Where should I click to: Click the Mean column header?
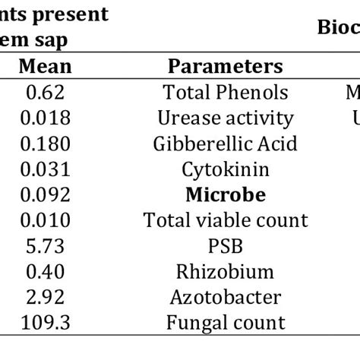pos(45,66)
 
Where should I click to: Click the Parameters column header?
pos(226,66)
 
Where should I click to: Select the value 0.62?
pos(45,92)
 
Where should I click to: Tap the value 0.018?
pos(45,118)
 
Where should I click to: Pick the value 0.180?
pos(45,144)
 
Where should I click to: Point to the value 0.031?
pos(45,169)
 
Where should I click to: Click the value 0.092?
pos(45,194)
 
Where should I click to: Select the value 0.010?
pos(45,220)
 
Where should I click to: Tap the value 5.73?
pos(45,245)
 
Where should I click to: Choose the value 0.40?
pos(45,271)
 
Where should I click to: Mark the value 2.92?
pos(45,297)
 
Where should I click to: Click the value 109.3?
pos(45,322)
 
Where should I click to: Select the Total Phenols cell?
pos(226,92)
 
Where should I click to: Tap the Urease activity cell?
pos(226,118)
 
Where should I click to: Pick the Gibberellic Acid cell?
pos(226,144)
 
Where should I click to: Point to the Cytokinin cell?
pos(226,169)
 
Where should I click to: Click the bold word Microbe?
pos(226,194)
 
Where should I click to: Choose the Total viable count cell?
pos(226,220)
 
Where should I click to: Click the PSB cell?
pos(226,245)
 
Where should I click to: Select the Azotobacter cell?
pos(226,297)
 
